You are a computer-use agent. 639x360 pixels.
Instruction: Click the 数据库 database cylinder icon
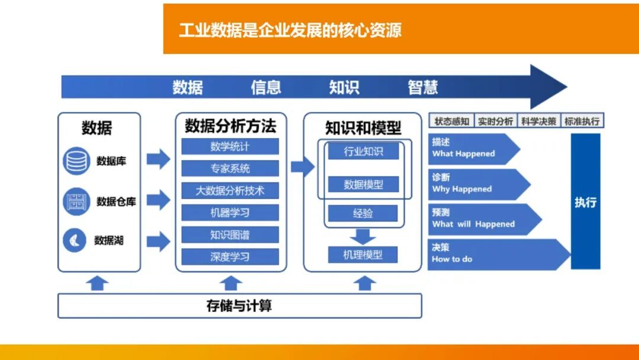pos(75,161)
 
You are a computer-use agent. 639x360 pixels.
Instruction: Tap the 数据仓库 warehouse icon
pos(75,201)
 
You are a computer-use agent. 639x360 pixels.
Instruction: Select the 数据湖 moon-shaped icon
pos(75,240)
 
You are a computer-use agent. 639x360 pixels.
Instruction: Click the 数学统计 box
pos(230,146)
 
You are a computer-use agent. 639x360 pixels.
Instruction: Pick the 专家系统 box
pos(230,169)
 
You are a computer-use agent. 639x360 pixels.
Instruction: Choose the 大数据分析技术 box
pos(230,191)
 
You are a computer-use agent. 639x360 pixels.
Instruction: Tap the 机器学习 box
pos(230,213)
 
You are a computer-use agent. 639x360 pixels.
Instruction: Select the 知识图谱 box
pos(230,235)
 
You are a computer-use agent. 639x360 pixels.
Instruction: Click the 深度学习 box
pos(230,257)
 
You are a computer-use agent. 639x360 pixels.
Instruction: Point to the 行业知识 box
pos(363,152)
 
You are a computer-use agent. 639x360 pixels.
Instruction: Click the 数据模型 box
pos(363,185)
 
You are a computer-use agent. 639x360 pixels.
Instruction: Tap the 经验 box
pos(363,213)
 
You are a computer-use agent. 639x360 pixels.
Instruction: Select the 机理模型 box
pos(363,255)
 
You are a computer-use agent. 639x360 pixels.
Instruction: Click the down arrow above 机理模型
pos(363,237)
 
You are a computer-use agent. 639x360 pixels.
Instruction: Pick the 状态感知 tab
pos(451,121)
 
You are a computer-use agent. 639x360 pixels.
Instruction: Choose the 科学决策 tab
pos(539,121)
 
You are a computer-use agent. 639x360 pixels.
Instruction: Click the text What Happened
pos(463,154)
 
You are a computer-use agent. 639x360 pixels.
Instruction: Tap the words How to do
pos(452,259)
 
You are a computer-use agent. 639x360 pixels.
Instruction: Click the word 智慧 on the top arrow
pos(423,88)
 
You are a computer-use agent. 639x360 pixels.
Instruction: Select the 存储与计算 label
pos(240,306)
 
